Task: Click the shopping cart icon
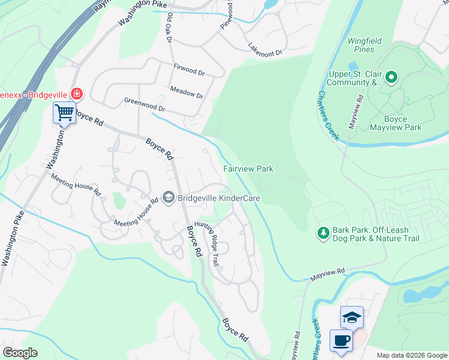click(x=64, y=112)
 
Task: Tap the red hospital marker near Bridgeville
click(x=76, y=94)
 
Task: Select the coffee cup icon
click(x=341, y=341)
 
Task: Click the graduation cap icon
click(x=352, y=317)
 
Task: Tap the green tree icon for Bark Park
click(x=323, y=232)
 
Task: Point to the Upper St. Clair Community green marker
click(x=391, y=77)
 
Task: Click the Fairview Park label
click(x=249, y=169)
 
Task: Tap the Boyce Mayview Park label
click(x=395, y=122)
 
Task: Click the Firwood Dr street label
click(x=188, y=70)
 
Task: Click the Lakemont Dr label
click(x=265, y=50)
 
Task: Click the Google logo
click(x=20, y=353)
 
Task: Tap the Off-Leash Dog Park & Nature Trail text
click(x=384, y=237)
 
